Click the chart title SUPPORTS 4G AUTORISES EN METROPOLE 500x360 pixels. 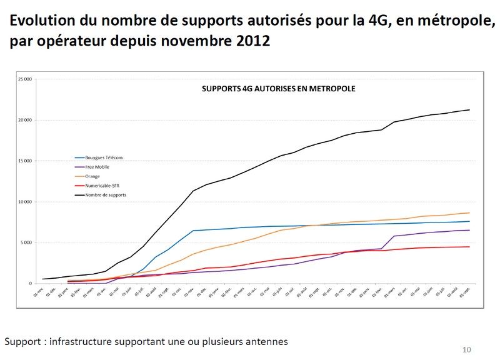click(278, 89)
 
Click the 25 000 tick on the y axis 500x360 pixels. click(25, 79)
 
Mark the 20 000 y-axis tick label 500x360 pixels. click(25, 120)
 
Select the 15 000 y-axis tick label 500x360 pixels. click(25, 161)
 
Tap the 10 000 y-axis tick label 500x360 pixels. click(25, 202)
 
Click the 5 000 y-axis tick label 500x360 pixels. click(26, 242)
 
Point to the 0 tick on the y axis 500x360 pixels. click(29, 283)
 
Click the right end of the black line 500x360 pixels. click(469, 110)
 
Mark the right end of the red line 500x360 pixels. click(469, 247)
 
